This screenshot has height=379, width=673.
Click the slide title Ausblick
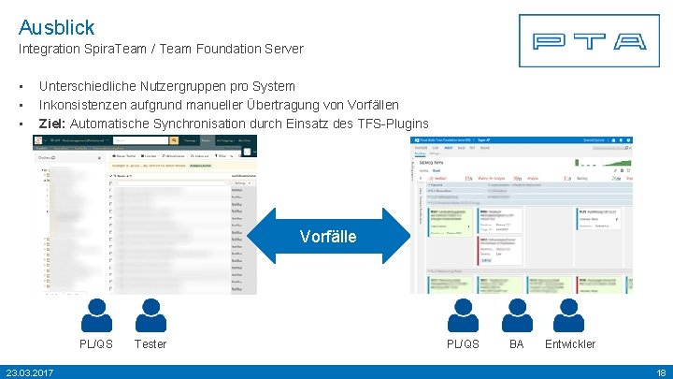coord(56,27)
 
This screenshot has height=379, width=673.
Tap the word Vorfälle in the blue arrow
coord(328,237)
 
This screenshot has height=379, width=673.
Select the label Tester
coord(150,344)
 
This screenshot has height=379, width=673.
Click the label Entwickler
coord(570,344)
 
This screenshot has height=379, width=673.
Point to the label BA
coord(517,344)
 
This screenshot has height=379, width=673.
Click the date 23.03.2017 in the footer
coord(29,372)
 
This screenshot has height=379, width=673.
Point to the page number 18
coord(660,372)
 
